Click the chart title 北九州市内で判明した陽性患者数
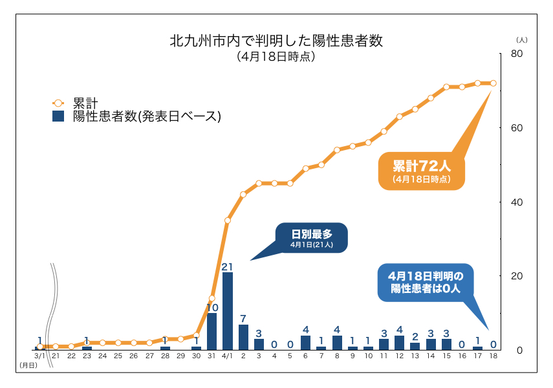(x=276, y=41)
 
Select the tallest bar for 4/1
(x=228, y=311)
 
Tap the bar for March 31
(x=211, y=331)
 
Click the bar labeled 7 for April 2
(x=243, y=337)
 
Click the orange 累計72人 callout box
(x=421, y=170)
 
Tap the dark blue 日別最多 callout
(x=311, y=237)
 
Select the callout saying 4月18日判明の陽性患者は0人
(x=424, y=282)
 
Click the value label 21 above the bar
(x=227, y=266)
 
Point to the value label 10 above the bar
(x=211, y=307)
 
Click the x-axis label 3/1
(x=39, y=356)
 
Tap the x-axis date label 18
(x=493, y=356)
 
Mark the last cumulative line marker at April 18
(x=493, y=83)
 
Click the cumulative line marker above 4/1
(x=228, y=221)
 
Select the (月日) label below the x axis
(x=28, y=366)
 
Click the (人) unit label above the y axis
(x=522, y=40)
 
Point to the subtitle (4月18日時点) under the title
(x=276, y=57)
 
